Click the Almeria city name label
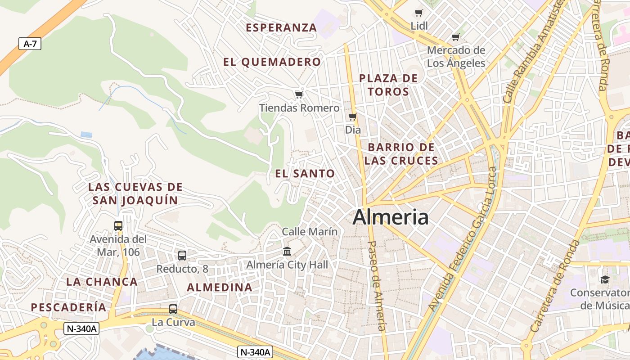click(x=391, y=217)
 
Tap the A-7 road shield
click(x=30, y=44)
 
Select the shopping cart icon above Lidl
click(x=419, y=13)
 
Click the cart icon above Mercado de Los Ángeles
click(x=456, y=37)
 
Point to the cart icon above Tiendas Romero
click(x=299, y=94)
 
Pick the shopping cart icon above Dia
click(x=353, y=117)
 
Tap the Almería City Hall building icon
click(x=287, y=251)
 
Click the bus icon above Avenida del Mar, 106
click(x=118, y=225)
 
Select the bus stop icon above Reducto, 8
click(x=182, y=256)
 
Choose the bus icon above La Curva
click(x=173, y=309)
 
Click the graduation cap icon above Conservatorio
click(x=605, y=279)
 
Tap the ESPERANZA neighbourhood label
click(x=281, y=27)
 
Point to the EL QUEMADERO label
click(x=272, y=62)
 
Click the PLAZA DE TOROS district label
click(x=388, y=85)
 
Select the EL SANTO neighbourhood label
click(x=305, y=174)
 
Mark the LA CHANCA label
click(x=102, y=282)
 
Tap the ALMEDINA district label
click(x=220, y=287)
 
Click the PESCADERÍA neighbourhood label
click(x=68, y=307)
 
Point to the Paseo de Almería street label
click(x=378, y=286)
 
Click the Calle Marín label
click(x=310, y=232)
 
